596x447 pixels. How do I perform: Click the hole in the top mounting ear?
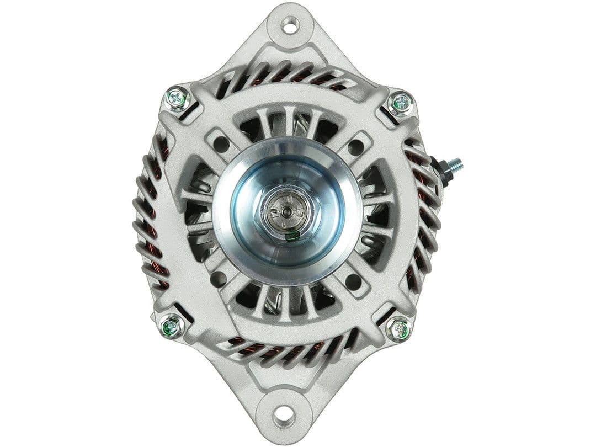pyautogui.click(x=289, y=25)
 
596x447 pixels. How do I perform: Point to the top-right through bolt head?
pyautogui.click(x=401, y=102)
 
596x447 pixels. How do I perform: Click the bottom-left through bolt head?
pyautogui.click(x=171, y=326)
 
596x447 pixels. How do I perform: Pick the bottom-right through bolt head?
pyautogui.click(x=398, y=329)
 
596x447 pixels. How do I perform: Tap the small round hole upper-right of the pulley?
pyautogui.click(x=356, y=147)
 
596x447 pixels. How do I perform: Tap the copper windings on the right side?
pyautogui.click(x=422, y=221)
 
